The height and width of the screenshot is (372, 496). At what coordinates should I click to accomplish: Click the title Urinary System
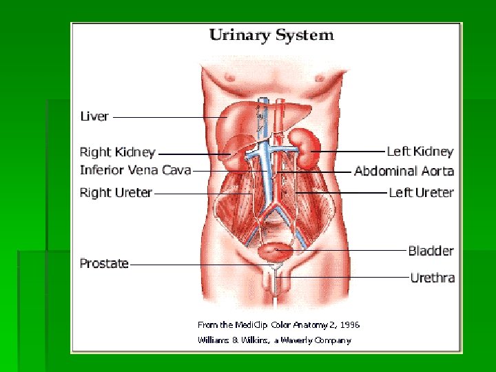tap(271, 34)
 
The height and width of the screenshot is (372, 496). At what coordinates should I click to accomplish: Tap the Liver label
tap(94, 116)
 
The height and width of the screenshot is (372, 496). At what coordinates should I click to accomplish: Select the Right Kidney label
tap(118, 152)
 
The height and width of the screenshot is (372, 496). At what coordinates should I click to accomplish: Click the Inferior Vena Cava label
tap(135, 169)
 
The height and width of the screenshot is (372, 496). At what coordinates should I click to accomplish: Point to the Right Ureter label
tap(116, 192)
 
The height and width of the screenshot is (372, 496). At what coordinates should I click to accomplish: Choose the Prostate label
tap(104, 263)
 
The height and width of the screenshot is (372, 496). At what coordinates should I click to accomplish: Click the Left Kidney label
tap(420, 151)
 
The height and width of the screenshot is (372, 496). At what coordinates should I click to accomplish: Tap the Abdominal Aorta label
tap(404, 171)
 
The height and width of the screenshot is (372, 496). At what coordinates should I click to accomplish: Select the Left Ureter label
tap(421, 192)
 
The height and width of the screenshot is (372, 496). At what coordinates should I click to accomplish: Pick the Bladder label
tap(431, 251)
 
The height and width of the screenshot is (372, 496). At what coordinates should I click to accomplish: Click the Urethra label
tap(432, 278)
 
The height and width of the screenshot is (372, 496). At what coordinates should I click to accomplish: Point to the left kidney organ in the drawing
tap(302, 147)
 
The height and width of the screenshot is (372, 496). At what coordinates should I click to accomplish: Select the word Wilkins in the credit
tap(255, 340)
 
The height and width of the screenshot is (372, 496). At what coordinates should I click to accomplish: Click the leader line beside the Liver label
tap(169, 117)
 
